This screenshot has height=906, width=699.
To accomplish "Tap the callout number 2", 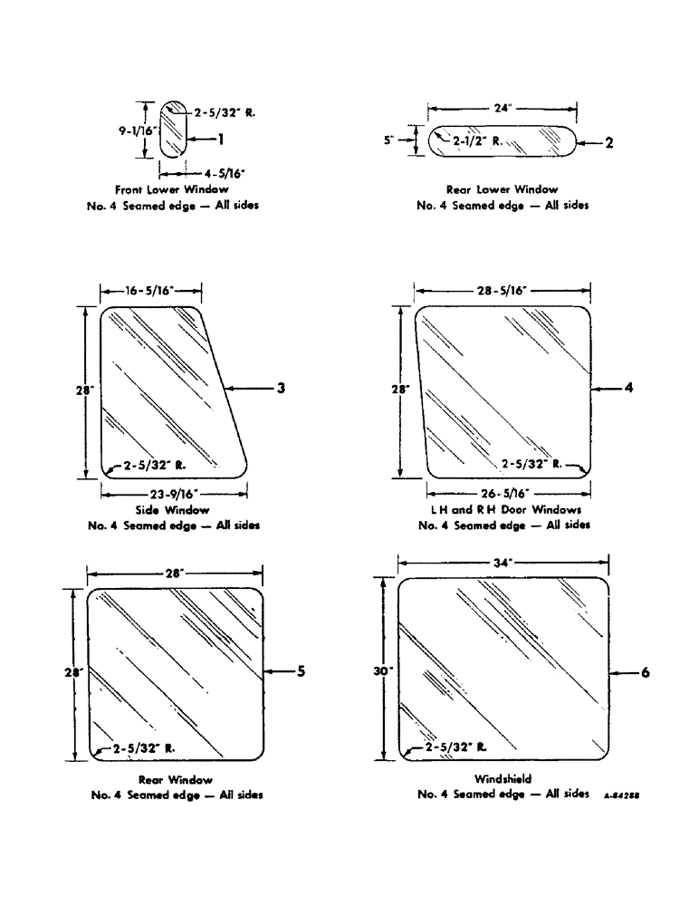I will click(x=608, y=143).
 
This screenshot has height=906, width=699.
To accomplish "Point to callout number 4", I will click(x=627, y=388).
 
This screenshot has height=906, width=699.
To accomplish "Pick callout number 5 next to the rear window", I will click(x=302, y=671).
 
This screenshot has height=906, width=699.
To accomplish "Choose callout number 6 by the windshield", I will click(x=645, y=672).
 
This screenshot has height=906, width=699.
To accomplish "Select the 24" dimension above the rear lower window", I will click(x=503, y=107).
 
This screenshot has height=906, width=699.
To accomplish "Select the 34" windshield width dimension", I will click(x=503, y=563).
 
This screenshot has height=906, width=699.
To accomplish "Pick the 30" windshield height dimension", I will click(x=382, y=671).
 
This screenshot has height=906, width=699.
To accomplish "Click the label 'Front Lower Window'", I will click(x=172, y=189).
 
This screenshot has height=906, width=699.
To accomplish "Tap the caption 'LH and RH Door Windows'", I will click(x=503, y=510).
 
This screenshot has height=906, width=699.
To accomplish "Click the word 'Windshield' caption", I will click(x=503, y=778).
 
